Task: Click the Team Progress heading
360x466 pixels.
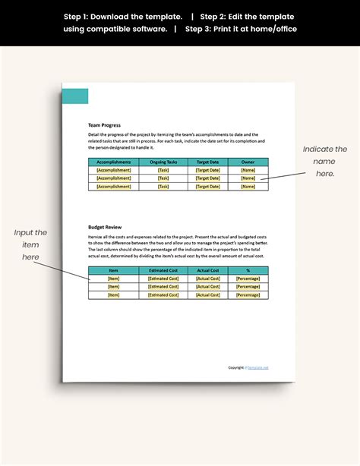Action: [x=104, y=125]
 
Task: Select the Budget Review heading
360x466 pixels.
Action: [x=106, y=227]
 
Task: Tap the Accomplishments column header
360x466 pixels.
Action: [x=114, y=162]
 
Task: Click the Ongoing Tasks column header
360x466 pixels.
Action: [x=163, y=162]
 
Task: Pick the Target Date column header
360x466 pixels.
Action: [x=208, y=162]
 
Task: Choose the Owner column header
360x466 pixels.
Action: [x=248, y=162]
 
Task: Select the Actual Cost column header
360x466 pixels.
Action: [x=208, y=270]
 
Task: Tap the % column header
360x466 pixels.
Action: [x=248, y=270]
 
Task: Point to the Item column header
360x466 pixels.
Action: [x=114, y=270]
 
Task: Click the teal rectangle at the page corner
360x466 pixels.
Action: [x=75, y=96]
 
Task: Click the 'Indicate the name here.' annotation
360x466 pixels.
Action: [x=324, y=161]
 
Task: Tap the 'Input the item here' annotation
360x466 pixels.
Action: [x=30, y=244]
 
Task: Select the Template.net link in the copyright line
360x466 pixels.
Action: [x=258, y=367]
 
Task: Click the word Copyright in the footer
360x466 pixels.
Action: [x=237, y=367]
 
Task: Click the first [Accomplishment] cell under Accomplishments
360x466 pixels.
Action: [x=114, y=170]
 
